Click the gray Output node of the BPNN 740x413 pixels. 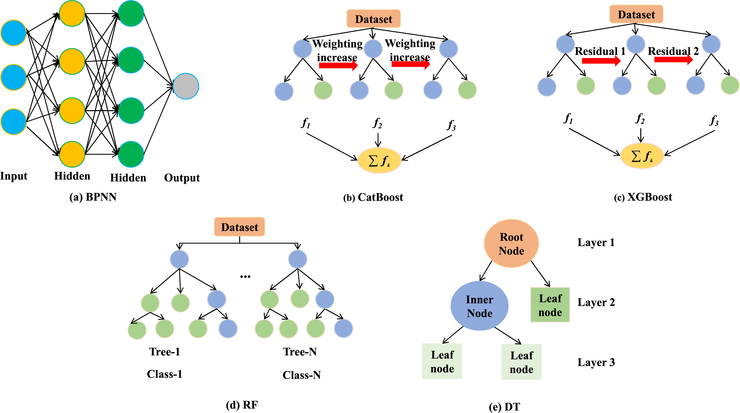[186, 86]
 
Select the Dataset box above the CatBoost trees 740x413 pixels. [374, 19]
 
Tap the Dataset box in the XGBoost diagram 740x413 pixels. [636, 14]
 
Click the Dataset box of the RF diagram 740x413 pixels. [239, 227]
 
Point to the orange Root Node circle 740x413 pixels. [511, 244]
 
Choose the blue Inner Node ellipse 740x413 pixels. [479, 306]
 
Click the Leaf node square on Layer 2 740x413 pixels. [550, 305]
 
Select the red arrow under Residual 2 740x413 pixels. [673, 59]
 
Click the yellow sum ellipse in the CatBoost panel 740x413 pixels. [379, 161]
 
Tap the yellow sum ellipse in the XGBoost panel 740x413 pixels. [642, 156]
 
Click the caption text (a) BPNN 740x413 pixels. [93, 197]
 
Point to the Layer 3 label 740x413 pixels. [596, 362]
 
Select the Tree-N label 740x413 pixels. [300, 352]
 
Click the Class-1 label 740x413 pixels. [165, 374]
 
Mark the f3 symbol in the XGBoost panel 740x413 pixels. [714, 121]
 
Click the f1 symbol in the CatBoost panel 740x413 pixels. [306, 123]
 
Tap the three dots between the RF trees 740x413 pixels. [245, 277]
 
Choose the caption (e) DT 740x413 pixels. [504, 407]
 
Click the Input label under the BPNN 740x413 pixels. [14, 176]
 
